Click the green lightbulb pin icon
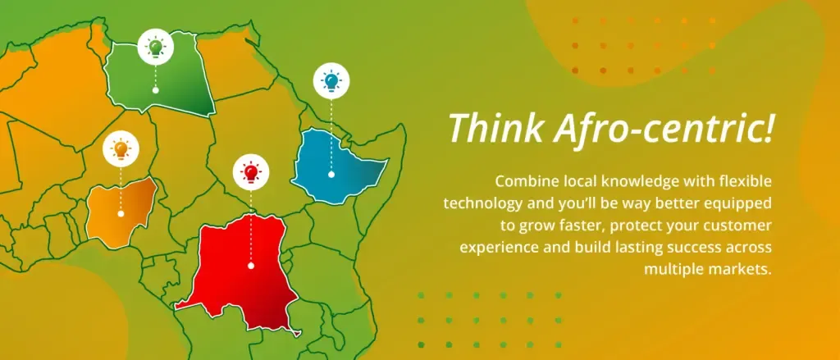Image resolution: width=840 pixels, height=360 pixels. (x=155, y=47)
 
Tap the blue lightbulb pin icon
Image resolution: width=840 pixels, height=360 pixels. (x=331, y=81)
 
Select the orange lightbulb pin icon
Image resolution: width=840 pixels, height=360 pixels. (x=121, y=148)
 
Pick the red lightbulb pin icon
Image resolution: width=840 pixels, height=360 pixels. (x=251, y=172)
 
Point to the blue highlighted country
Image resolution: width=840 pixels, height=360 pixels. (x=336, y=167)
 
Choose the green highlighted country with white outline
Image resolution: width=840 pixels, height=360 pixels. (x=158, y=75)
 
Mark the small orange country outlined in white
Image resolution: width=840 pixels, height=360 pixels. (x=121, y=212)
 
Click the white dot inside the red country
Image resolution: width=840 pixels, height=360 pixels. (x=251, y=266)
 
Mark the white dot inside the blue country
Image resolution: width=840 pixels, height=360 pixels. (x=331, y=175)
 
